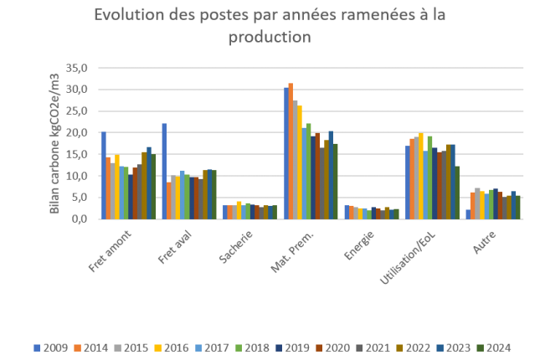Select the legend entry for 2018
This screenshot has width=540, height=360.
click(x=255, y=347)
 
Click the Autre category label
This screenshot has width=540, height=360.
click(x=481, y=240)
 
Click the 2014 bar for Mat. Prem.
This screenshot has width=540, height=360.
click(x=291, y=151)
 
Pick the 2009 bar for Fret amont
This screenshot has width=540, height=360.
click(x=103, y=176)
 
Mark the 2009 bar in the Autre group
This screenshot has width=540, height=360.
click(x=468, y=214)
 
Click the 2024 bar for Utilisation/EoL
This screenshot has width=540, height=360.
click(x=457, y=193)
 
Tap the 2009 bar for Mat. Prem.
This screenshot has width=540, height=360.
click(x=285, y=153)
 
